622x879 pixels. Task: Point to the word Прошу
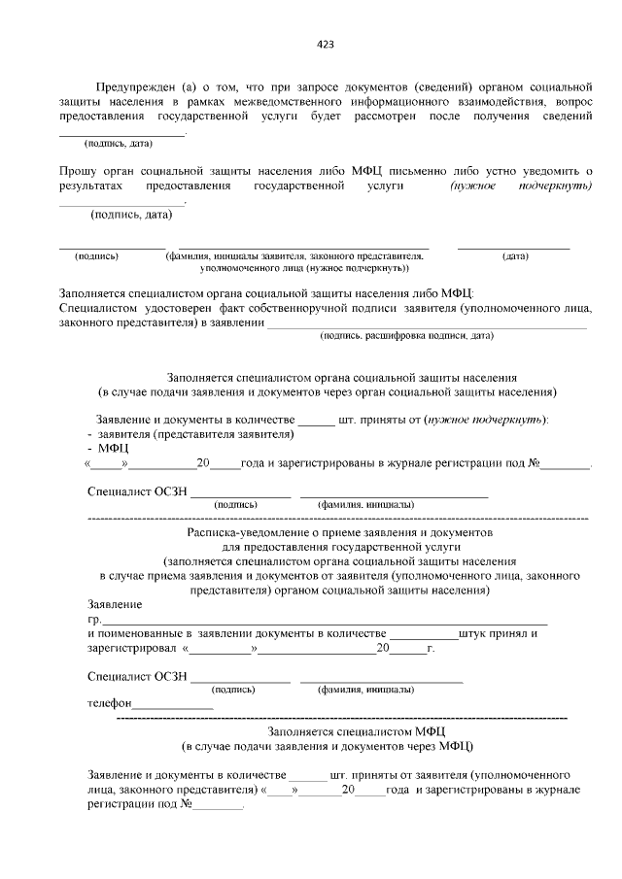pos(79,170)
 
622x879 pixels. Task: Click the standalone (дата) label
pos(515,256)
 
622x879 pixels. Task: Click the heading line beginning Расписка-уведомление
pos(339,533)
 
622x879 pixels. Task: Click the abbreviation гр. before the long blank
pos(94,619)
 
